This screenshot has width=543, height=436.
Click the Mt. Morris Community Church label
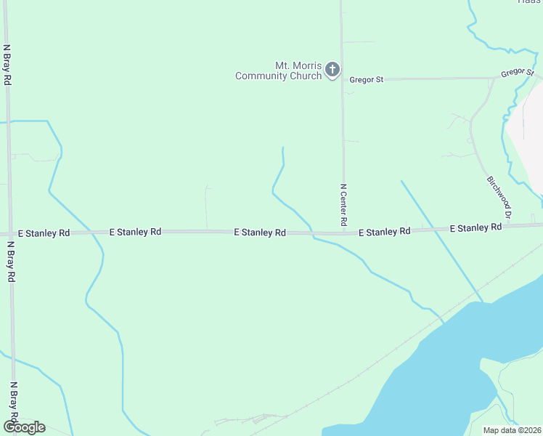(x=279, y=70)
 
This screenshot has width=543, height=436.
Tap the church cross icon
(x=332, y=70)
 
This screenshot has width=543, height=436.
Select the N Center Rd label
(x=343, y=203)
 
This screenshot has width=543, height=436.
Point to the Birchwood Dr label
(x=499, y=196)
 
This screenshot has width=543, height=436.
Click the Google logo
(x=24, y=427)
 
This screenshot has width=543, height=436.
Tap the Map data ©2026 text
(x=513, y=430)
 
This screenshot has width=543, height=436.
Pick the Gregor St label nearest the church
(x=366, y=79)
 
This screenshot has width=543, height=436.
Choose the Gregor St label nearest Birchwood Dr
(x=518, y=73)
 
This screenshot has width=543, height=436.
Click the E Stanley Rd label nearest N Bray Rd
(x=44, y=233)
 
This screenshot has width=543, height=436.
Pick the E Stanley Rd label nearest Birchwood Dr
(x=475, y=227)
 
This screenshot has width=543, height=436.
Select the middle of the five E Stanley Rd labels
(x=259, y=233)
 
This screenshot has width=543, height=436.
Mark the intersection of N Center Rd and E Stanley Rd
(x=343, y=233)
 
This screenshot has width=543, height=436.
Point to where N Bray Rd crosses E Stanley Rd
(x=10, y=234)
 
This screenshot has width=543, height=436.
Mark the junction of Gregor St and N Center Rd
(x=343, y=79)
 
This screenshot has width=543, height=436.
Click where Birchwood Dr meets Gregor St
(x=494, y=78)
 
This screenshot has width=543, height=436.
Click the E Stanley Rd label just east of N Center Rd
(x=385, y=231)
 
